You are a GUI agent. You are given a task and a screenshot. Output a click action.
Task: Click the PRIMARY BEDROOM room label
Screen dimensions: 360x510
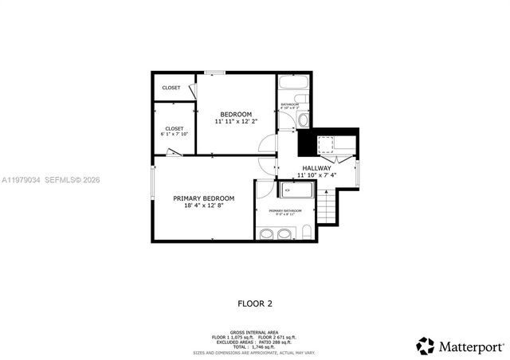click(x=204, y=198)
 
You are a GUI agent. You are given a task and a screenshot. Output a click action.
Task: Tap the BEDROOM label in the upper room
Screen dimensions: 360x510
click(x=236, y=115)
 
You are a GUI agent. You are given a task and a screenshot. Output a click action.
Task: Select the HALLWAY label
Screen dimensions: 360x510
click(x=316, y=168)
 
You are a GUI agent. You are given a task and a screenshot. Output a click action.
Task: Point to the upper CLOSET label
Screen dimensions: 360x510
click(x=171, y=88)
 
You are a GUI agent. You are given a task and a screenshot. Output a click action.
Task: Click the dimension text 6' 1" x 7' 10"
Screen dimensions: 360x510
click(x=175, y=135)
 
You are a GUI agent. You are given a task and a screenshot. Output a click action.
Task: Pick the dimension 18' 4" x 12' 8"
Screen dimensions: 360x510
click(x=204, y=205)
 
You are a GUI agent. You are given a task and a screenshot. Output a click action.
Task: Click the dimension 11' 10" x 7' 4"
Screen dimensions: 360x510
click(x=317, y=175)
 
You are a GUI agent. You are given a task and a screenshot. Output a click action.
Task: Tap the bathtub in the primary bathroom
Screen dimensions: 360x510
click(x=297, y=190)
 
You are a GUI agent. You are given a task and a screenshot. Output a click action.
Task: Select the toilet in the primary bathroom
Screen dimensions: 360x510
click(x=307, y=233)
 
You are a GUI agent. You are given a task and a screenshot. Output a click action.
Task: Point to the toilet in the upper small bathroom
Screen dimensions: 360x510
click(x=303, y=120)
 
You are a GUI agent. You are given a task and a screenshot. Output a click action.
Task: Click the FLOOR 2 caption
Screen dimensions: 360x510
click(x=255, y=303)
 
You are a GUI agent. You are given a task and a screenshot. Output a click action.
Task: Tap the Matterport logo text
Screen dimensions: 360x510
click(x=469, y=346)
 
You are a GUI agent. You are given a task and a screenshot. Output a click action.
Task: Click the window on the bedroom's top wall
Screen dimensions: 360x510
click(x=214, y=72)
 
